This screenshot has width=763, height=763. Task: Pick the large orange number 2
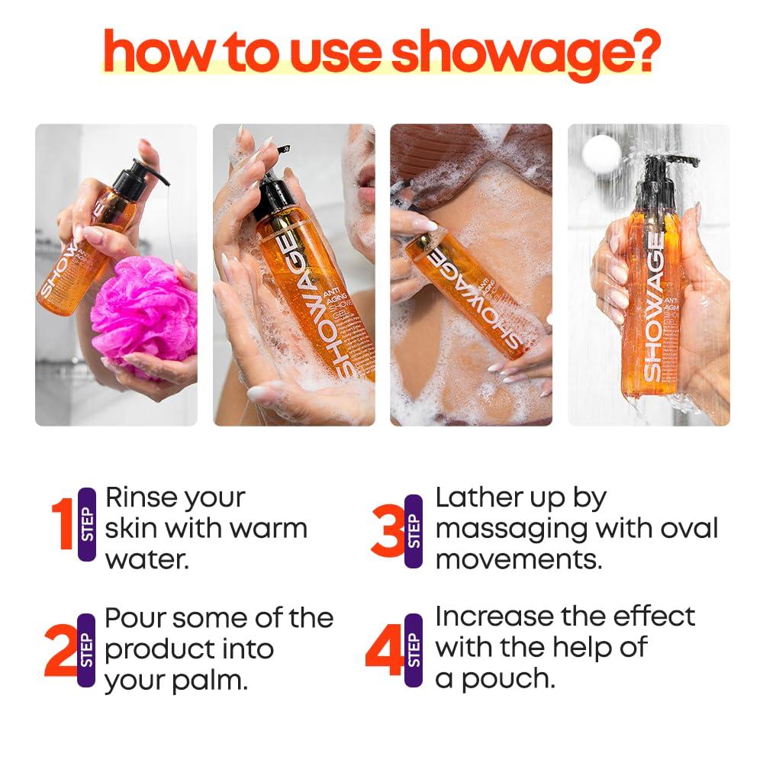59,650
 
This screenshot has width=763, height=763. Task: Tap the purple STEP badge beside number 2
87,650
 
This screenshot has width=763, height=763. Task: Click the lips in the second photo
367,182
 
